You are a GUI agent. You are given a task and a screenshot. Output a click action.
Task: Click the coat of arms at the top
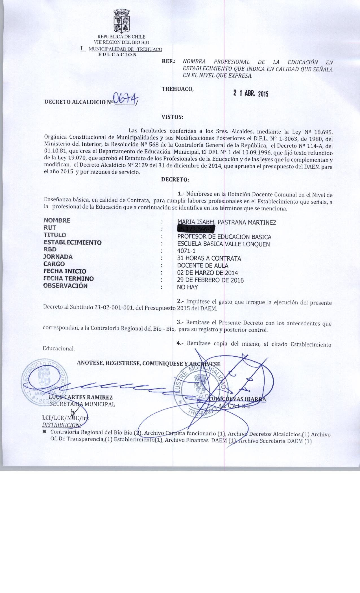[x=121, y=21]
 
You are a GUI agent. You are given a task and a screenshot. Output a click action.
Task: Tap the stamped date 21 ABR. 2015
[x=250, y=93]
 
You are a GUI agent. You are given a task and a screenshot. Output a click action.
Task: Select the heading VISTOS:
[x=172, y=117]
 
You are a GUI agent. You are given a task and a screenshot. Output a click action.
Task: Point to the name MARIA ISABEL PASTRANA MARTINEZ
[x=226, y=223]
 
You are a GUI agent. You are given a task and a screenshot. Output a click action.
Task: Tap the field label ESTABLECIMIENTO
[x=72, y=242]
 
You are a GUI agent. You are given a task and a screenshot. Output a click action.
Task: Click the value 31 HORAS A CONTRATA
[x=209, y=258]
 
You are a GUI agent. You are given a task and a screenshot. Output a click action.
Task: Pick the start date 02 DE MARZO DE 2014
[x=207, y=273]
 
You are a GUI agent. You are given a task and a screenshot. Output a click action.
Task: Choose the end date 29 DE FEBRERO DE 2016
[x=210, y=280]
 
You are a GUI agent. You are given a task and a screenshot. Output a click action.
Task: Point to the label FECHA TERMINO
[x=68, y=278]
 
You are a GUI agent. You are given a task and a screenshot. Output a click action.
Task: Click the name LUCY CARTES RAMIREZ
[x=81, y=398]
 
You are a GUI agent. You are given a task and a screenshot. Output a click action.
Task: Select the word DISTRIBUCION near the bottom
[x=61, y=425]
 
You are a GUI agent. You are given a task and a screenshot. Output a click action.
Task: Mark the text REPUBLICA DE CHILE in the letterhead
[x=121, y=37]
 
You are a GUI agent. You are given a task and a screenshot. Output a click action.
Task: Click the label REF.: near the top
[x=169, y=61]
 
